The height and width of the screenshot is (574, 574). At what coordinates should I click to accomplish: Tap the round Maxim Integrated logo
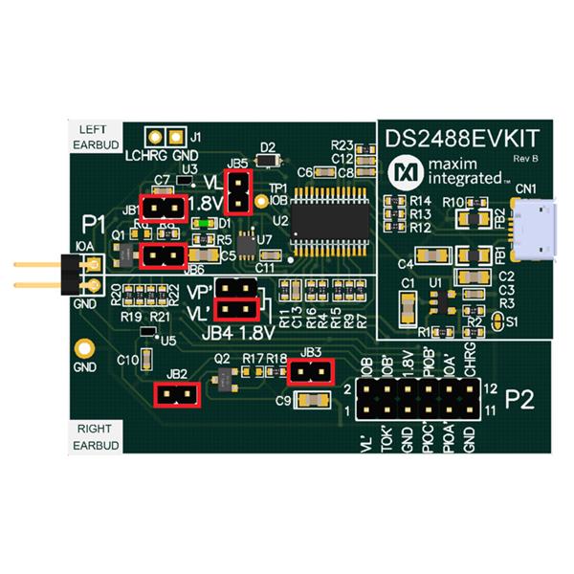coord(405,172)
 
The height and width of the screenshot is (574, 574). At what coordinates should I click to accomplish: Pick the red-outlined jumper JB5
coord(236,191)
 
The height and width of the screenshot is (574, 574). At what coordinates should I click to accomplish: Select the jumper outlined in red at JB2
coord(177,394)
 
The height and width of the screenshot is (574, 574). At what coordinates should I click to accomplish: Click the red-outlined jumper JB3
coord(310,371)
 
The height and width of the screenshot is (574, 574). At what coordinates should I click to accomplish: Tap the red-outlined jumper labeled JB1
coord(163,206)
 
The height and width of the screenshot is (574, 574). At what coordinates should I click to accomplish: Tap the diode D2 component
coord(269,161)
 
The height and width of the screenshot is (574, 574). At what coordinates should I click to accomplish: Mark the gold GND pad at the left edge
coord(85,349)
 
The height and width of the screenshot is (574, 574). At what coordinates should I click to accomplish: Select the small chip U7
coord(247,243)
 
